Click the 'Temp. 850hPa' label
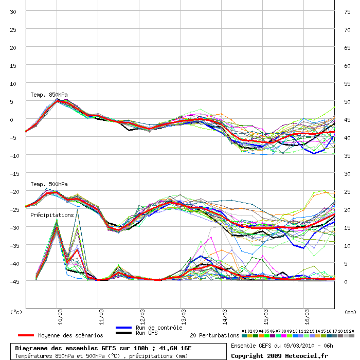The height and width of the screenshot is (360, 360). (x=49, y=95)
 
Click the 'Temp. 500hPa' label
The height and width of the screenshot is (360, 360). (x=49, y=184)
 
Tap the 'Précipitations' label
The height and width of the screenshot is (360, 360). (x=52, y=215)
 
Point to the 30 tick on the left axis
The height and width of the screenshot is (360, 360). (x=13, y=11)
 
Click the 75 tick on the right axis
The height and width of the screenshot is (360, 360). (x=348, y=11)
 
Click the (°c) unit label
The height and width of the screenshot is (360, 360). (x=16, y=312)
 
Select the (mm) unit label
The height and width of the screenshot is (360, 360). (x=350, y=312)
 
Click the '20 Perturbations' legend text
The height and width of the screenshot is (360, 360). (x=214, y=335)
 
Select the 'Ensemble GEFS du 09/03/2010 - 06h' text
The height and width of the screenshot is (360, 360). (x=282, y=346)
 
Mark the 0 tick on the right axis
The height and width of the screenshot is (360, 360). (x=346, y=281)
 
